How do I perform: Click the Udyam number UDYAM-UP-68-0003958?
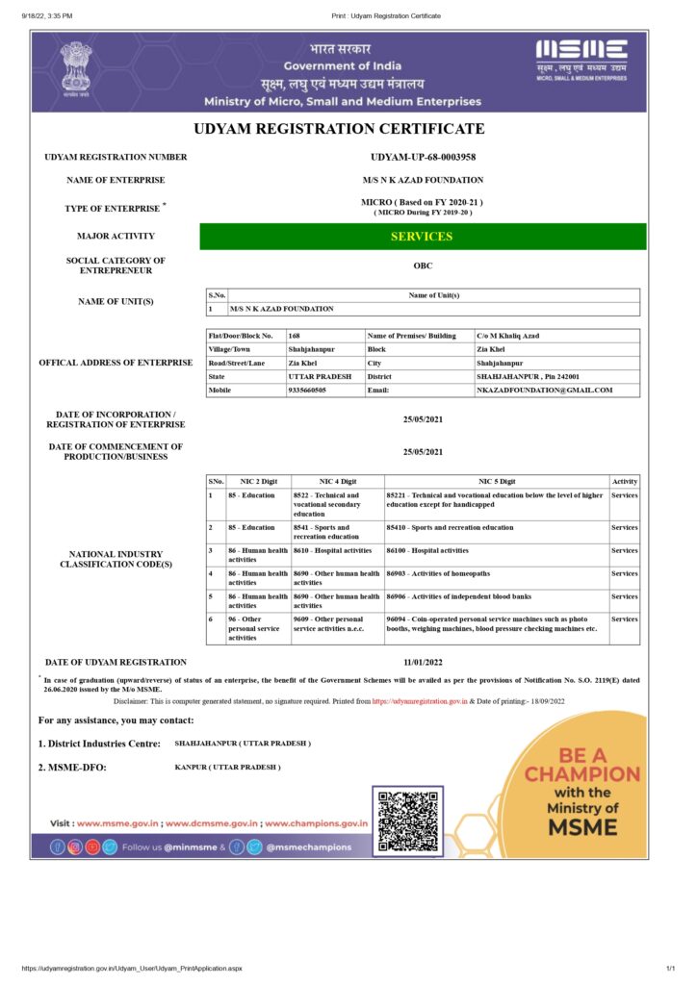423,157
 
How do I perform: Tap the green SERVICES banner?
422,236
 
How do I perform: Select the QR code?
408,821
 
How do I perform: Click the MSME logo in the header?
581,61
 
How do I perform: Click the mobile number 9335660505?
308,390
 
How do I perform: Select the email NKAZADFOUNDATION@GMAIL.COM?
544,390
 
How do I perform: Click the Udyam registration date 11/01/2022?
423,662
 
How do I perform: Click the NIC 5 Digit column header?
496,481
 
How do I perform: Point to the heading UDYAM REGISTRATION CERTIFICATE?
339,129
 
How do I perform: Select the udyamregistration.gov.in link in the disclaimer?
414,702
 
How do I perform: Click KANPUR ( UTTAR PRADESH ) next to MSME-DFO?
227,767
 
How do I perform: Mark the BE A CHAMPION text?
581,765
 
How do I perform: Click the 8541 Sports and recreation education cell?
336,532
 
